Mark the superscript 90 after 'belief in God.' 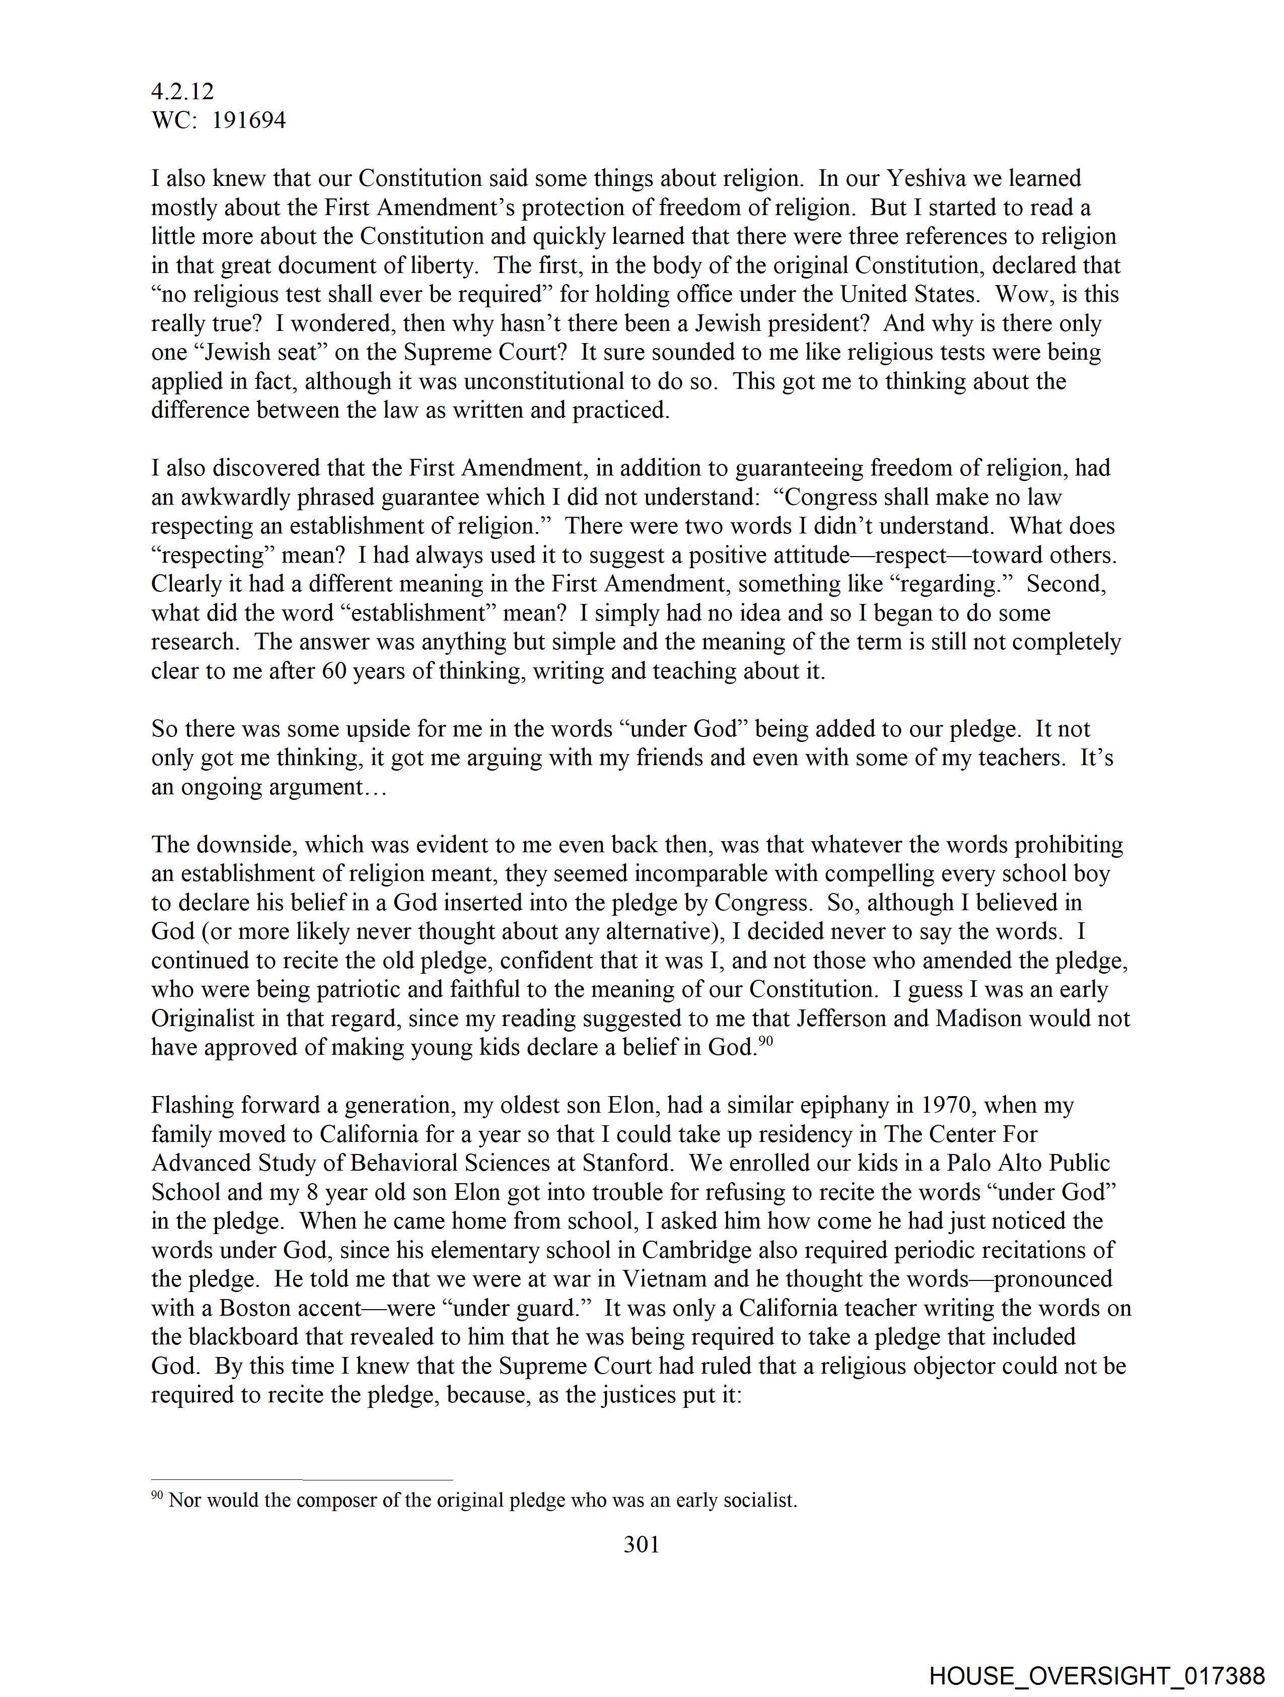765,1041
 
